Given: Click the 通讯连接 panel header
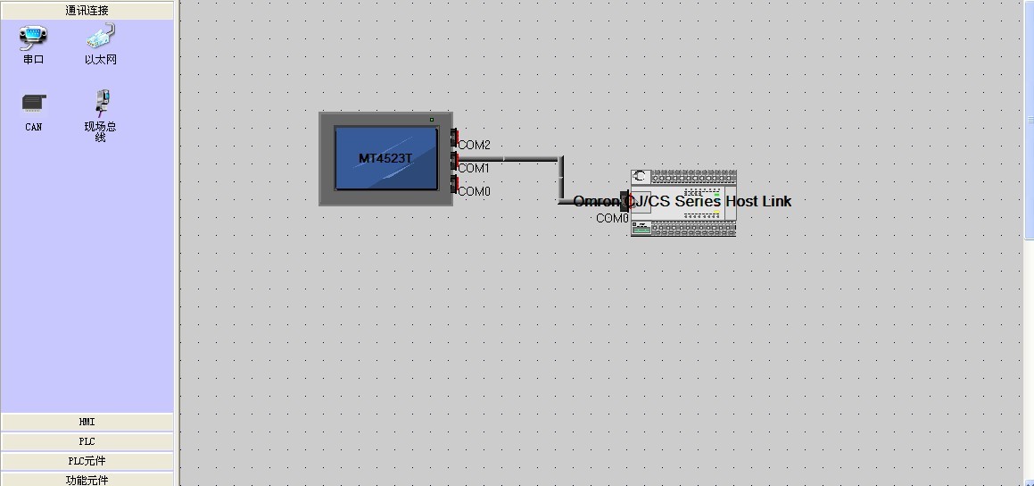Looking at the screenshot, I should (x=87, y=11).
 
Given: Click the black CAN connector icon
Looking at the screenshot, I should (x=34, y=104).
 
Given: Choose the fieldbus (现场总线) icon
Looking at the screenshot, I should (x=100, y=103).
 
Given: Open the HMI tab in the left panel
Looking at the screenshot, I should (x=87, y=422).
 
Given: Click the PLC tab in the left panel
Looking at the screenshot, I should (x=87, y=441).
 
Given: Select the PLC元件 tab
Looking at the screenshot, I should (x=87, y=461).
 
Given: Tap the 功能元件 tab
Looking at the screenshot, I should (x=87, y=480).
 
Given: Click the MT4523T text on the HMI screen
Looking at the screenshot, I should (x=385, y=158).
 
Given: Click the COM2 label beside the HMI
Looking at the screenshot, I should (x=474, y=145).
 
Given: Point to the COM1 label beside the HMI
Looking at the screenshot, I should (x=474, y=168).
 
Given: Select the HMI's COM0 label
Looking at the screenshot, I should (x=474, y=191).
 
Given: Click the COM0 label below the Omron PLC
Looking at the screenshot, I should (x=612, y=218).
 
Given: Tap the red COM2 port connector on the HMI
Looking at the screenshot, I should (x=454, y=138).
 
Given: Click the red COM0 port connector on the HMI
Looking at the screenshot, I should (x=454, y=185).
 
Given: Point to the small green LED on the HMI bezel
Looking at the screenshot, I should (x=432, y=120).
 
